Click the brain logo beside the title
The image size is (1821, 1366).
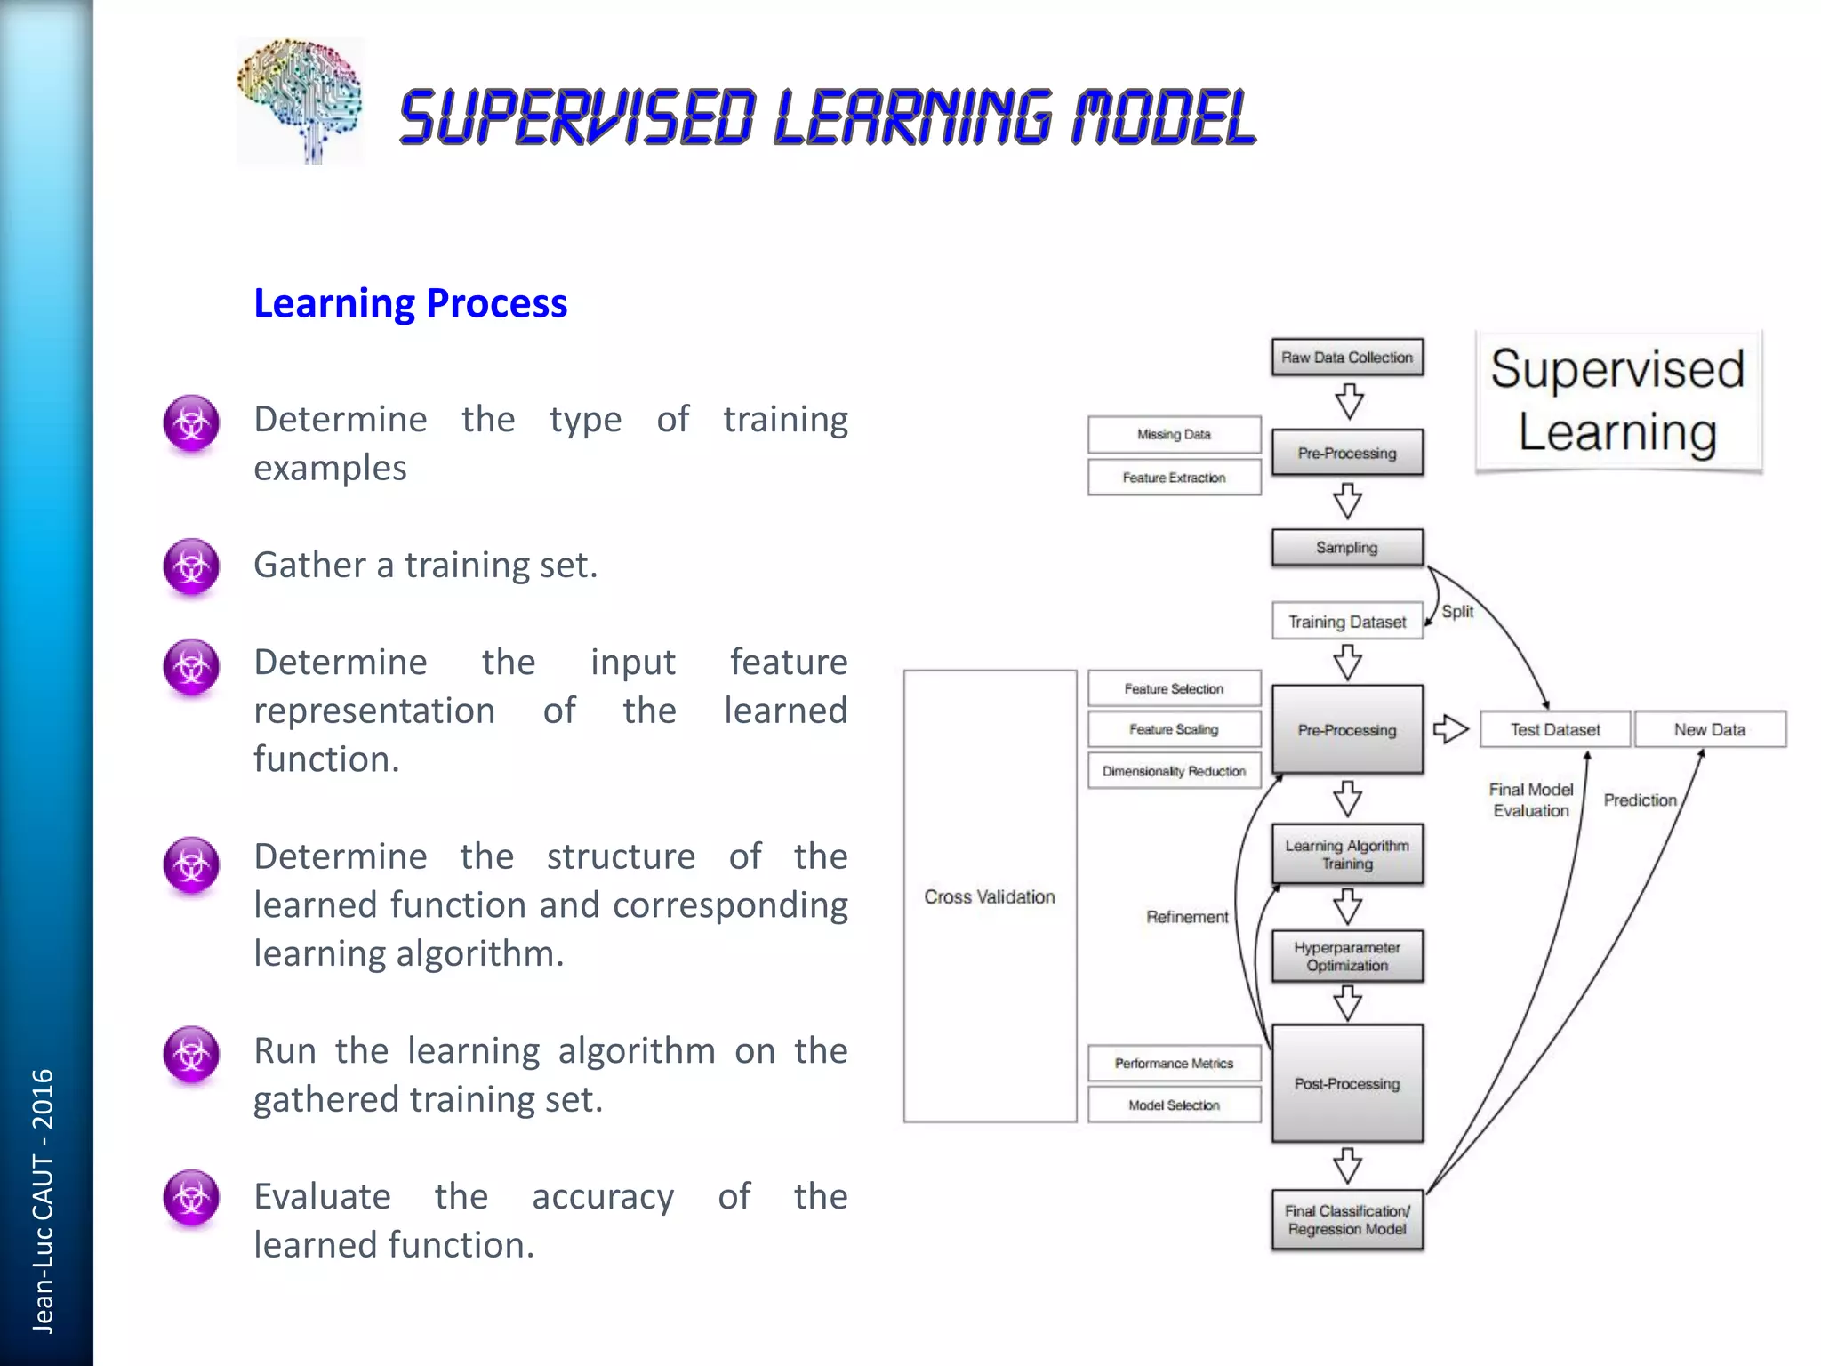tap(300, 100)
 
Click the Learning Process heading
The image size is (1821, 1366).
tap(410, 303)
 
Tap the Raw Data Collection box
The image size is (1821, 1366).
tap(1346, 358)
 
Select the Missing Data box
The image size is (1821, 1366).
tap(1174, 434)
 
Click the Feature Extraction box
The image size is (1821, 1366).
tap(1174, 478)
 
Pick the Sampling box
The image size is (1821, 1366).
tap(1346, 548)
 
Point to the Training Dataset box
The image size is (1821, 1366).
tap(1346, 622)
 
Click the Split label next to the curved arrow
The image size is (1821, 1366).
tap(1456, 612)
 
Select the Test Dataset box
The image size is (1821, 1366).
tap(1554, 729)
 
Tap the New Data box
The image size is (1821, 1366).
tap(1709, 729)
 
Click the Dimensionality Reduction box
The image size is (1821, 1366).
tap(1174, 771)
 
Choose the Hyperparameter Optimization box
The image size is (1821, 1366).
tap(1346, 956)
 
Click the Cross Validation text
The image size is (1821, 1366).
tap(989, 896)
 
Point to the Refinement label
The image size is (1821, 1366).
tap(1186, 917)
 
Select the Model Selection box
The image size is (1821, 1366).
tap(1174, 1105)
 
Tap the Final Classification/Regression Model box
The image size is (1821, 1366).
tap(1346, 1220)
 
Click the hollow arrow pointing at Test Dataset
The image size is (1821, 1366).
tap(1450, 729)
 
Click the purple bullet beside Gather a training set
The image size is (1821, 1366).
tap(191, 566)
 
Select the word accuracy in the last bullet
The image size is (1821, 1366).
tap(603, 1197)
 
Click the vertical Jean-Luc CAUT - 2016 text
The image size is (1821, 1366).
tap(43, 1201)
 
